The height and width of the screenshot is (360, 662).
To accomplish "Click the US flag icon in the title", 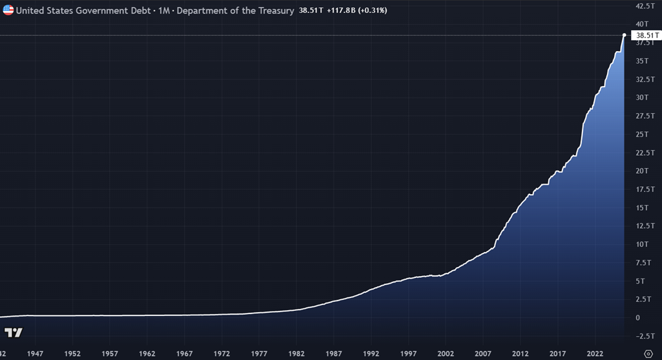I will tap(8, 10).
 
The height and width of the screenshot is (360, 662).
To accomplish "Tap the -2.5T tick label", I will tap(645, 335).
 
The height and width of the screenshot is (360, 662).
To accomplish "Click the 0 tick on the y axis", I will tap(639, 317).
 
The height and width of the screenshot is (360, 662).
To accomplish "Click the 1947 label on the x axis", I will tap(36, 354).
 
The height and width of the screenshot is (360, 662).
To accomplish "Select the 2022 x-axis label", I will tap(595, 354).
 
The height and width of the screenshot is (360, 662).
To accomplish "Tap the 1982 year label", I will tap(297, 354).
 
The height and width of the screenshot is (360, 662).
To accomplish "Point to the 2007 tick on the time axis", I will tap(483, 354).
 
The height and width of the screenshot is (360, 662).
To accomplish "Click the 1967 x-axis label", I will tap(185, 354).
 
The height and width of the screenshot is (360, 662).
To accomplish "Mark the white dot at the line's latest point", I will tap(624, 35).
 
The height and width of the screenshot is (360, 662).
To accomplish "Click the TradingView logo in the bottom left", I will tap(14, 333).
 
